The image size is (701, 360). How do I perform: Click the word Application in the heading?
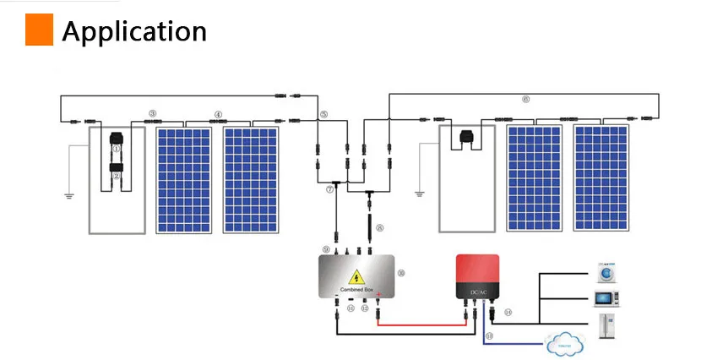pyautogui.click(x=134, y=31)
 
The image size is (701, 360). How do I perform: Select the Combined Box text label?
pyautogui.click(x=356, y=289)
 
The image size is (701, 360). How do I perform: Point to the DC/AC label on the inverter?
pyautogui.click(x=478, y=292)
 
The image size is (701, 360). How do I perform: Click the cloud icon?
pyautogui.click(x=567, y=341)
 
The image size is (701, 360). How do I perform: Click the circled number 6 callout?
pyautogui.click(x=525, y=100)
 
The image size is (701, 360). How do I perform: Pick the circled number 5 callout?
pyautogui.click(x=323, y=113)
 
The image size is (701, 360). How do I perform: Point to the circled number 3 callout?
pyautogui.click(x=152, y=113)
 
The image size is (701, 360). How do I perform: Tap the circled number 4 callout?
pyautogui.click(x=218, y=114)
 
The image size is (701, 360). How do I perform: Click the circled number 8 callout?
pyautogui.click(x=380, y=227)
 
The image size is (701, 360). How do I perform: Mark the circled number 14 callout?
pyautogui.click(x=508, y=312)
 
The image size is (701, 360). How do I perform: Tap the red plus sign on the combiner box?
pyautogui.click(x=379, y=295)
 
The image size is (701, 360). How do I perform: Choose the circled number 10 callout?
pyautogui.click(x=401, y=273)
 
